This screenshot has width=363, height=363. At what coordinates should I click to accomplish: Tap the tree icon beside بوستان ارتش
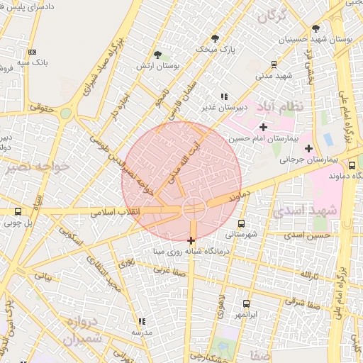157,55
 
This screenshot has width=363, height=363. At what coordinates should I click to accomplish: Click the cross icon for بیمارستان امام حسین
263,127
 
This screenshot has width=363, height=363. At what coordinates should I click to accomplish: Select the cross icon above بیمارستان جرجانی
308,148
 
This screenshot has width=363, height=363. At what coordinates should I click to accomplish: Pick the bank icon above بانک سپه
32,52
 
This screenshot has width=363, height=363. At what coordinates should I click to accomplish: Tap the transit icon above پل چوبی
18,211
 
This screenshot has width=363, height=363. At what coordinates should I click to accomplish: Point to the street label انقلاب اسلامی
117,211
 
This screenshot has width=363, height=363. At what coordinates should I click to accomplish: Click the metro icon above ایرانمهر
246,303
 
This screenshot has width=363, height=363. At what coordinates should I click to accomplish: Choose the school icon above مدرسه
142,321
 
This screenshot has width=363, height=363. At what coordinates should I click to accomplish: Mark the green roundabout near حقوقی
65,113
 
